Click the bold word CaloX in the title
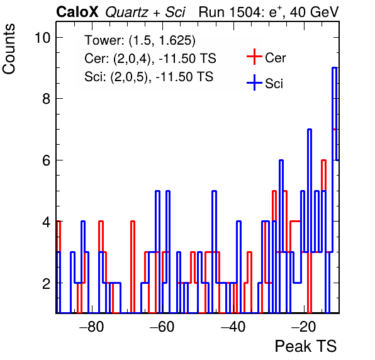[77, 12]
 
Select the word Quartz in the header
[126, 13]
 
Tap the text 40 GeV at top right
[314, 12]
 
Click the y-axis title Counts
[9, 49]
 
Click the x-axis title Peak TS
[306, 346]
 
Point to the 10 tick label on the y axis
[43, 38]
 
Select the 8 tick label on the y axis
[47, 99]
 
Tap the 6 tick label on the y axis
[47, 160]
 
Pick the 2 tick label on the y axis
[47, 283]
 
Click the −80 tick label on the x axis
[92, 327]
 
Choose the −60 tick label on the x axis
[162, 327]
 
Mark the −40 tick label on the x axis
[233, 327]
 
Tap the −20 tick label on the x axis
[304, 327]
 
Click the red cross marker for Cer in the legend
[254, 57]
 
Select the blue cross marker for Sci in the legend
[254, 83]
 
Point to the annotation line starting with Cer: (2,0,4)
[150, 59]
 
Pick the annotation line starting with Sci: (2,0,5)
[148, 77]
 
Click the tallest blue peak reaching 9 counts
[335, 68]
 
